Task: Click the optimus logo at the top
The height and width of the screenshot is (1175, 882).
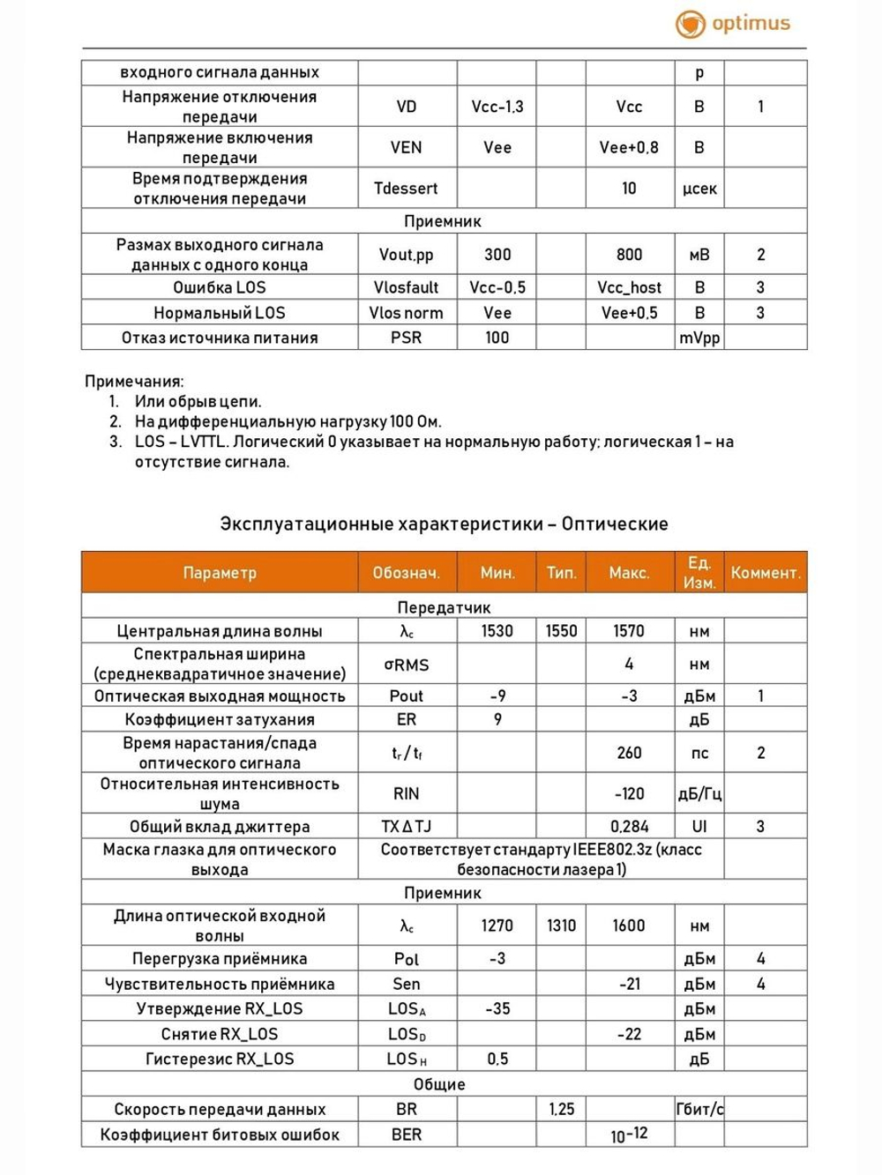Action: pos(733,24)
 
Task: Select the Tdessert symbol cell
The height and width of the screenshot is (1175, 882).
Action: pos(406,189)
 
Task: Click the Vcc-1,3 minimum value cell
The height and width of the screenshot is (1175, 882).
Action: pos(497,107)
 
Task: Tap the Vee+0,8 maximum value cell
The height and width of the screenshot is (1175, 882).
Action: pos(629,148)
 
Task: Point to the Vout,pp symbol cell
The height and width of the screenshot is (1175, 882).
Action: pos(406,255)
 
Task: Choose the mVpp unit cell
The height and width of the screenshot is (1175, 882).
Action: pos(699,338)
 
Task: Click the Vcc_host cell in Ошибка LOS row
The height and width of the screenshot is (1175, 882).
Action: pos(629,287)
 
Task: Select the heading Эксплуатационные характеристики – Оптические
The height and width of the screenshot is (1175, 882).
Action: pos(444,524)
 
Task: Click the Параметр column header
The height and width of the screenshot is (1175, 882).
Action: pos(220,573)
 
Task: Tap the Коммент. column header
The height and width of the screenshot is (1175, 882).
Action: pos(765,573)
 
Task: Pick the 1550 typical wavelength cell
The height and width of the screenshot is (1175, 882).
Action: pos(561,631)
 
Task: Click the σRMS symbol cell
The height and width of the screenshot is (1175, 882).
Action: pos(406,665)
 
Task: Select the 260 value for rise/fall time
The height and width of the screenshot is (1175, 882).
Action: pos(629,753)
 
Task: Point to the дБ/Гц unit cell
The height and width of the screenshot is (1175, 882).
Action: pos(699,793)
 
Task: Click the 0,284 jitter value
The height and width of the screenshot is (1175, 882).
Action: pos(629,827)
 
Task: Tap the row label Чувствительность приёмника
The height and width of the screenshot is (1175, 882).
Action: pos(220,984)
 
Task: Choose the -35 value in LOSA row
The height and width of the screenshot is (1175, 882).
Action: pos(497,1008)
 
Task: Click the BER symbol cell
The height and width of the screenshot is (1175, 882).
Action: pos(406,1134)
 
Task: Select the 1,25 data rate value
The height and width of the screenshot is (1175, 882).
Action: pos(561,1109)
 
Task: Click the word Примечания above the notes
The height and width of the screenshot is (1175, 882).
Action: pos(134,382)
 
